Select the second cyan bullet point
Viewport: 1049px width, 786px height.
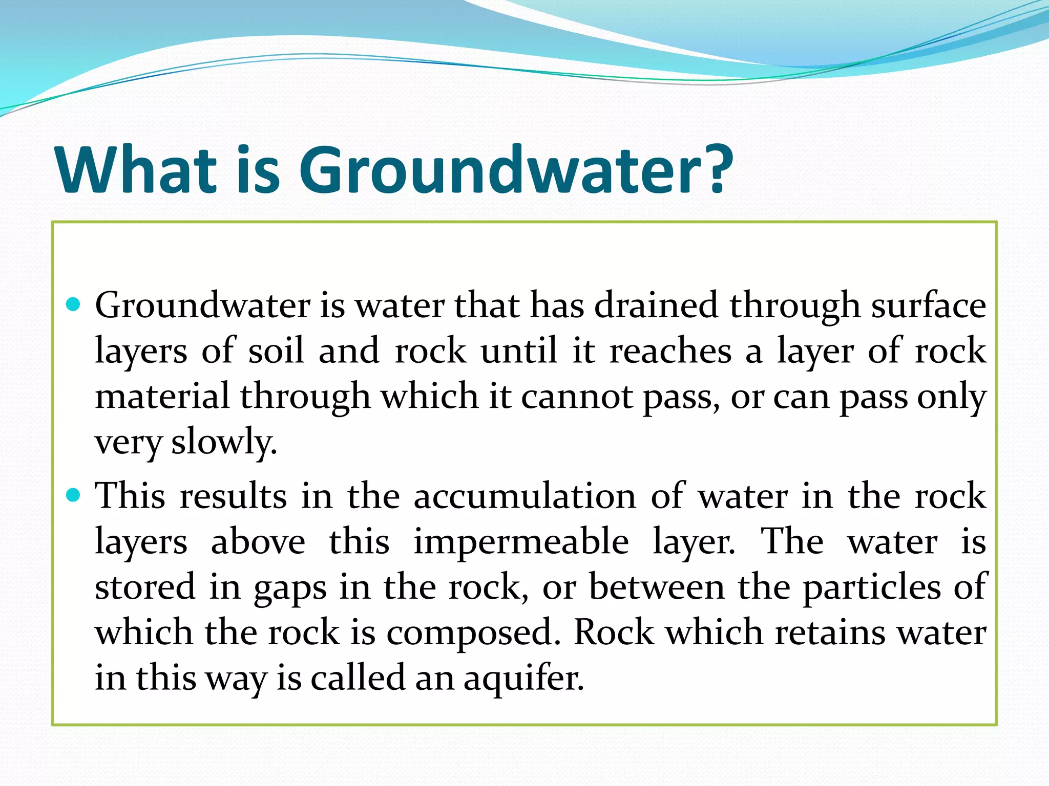click(74, 495)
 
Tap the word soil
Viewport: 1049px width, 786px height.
click(276, 351)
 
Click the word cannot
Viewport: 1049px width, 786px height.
click(577, 397)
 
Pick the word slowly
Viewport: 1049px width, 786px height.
click(224, 442)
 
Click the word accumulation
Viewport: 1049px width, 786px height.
click(524, 496)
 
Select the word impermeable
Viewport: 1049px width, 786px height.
click(521, 542)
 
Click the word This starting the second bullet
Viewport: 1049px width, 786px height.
click(130, 496)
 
